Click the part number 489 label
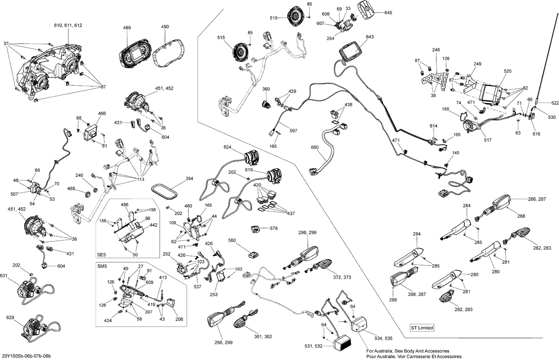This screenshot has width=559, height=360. pyautogui.click(x=127, y=28)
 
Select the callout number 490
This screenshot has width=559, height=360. pyautogui.click(x=165, y=27)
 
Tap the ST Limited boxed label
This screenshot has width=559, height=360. pyautogui.click(x=422, y=328)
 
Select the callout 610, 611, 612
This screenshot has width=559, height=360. pyautogui.click(x=68, y=25)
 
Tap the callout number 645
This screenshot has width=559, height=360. pyautogui.click(x=388, y=13)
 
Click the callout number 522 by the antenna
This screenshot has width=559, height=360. pyautogui.click(x=555, y=103)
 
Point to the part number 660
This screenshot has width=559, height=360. pyautogui.click(x=315, y=147)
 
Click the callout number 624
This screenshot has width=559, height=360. pyautogui.click(x=227, y=147)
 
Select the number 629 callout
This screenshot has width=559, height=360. pyautogui.click(x=10, y=318)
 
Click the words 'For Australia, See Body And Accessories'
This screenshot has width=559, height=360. pyautogui.click(x=408, y=351)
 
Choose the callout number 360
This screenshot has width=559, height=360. pyautogui.click(x=266, y=89)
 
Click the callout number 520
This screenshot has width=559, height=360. pyautogui.click(x=508, y=71)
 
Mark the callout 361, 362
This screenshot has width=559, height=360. pyautogui.click(x=263, y=337)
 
